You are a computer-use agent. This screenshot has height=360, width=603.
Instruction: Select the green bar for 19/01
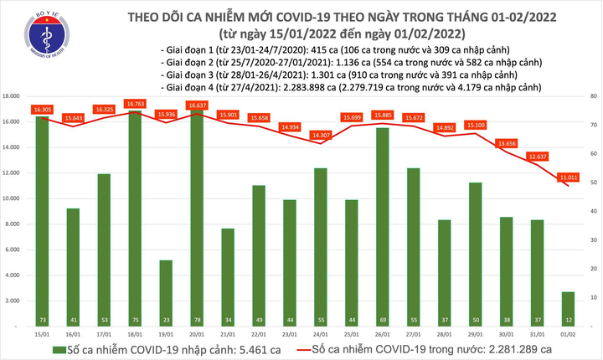[x=166, y=293]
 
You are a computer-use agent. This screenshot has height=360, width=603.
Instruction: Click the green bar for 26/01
[x=381, y=226]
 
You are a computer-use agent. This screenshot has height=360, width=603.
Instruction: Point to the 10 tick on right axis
[x=592, y=297]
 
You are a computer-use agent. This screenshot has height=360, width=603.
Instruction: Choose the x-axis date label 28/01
[x=444, y=332]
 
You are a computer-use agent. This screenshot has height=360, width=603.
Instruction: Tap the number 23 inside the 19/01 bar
[x=166, y=321]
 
